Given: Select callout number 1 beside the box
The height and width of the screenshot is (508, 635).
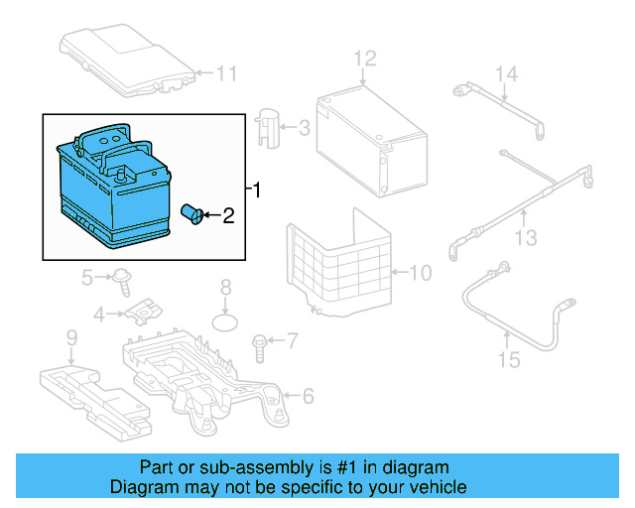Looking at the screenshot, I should pyautogui.click(x=259, y=189).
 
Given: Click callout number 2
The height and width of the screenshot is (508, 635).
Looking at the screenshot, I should pyautogui.click(x=227, y=214).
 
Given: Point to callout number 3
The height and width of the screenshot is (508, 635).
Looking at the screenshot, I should pyautogui.click(x=304, y=128).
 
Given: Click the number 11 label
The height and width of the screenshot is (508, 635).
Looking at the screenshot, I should pyautogui.click(x=227, y=72).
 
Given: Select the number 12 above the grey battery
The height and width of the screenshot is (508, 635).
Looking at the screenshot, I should pyautogui.click(x=366, y=58).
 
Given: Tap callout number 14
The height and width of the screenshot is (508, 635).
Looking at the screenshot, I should pyautogui.click(x=507, y=73).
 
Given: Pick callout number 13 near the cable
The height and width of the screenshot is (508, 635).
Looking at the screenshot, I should pyautogui.click(x=526, y=238).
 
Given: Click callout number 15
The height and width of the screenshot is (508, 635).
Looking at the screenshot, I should pyautogui.click(x=508, y=359).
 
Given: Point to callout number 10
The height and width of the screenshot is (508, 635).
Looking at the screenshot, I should pyautogui.click(x=420, y=272).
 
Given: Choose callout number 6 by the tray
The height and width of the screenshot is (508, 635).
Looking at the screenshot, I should pyautogui.click(x=307, y=397).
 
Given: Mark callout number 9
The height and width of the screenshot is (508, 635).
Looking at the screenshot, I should pyautogui.click(x=71, y=339).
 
